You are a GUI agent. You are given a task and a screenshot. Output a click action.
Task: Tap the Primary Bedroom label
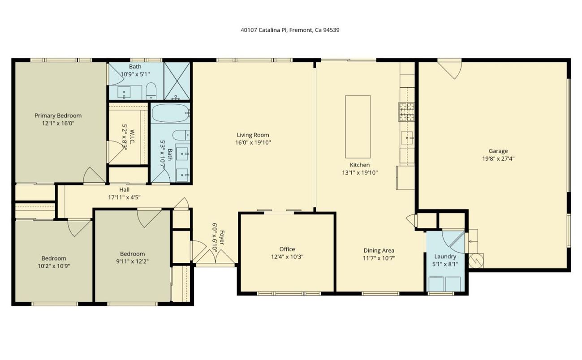coord(58,116)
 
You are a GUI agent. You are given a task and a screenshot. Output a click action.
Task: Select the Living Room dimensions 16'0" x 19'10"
coord(253,142)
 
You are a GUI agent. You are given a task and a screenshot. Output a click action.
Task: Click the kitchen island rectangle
coord(358,127)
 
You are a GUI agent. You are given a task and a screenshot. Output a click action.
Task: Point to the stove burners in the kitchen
coord(406,111)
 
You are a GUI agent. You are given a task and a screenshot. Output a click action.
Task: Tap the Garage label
coord(498,151)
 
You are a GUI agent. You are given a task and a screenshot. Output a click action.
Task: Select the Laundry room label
coord(445,257)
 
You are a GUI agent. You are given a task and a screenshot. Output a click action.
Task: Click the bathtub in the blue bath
coord(170,113)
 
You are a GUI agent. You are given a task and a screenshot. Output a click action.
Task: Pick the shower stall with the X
coord(177,81)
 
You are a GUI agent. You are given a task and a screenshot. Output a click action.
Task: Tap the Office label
coord(287,249)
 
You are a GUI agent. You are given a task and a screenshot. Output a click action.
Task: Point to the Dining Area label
coord(379,250)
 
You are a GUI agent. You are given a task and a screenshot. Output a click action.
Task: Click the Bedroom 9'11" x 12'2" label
coord(132,253)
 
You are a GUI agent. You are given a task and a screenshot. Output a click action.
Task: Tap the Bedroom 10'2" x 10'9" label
coord(54,258)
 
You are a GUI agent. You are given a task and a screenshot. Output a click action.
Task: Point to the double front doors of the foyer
coord(216,256)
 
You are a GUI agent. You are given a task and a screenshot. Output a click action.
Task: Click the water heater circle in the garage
coord(476,260)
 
